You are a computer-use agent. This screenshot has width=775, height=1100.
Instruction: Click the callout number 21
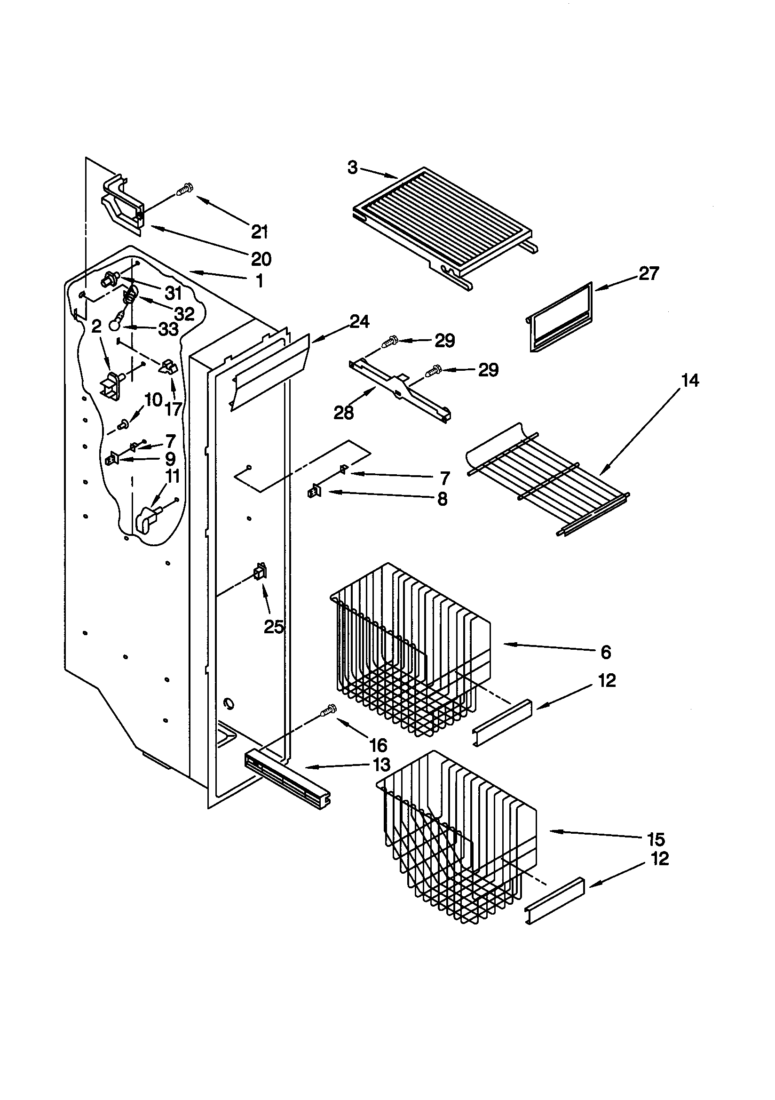click(259, 232)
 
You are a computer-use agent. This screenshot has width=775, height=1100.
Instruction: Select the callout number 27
click(649, 273)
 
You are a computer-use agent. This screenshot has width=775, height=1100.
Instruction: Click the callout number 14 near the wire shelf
click(690, 381)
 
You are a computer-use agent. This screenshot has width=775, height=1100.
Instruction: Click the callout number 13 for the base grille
click(381, 765)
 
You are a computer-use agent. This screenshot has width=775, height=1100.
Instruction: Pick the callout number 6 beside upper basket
click(606, 652)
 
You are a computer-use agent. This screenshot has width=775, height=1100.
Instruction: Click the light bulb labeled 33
click(114, 325)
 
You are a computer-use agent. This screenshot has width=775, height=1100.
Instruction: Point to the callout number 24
click(359, 321)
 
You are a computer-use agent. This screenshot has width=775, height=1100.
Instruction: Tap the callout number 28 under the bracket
click(343, 413)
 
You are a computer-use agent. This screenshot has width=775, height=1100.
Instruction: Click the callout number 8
click(442, 499)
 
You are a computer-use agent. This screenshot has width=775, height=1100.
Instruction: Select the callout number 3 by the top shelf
click(353, 167)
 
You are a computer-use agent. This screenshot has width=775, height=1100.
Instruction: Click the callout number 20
click(261, 259)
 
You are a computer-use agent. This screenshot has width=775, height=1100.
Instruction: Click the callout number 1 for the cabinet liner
click(259, 281)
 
